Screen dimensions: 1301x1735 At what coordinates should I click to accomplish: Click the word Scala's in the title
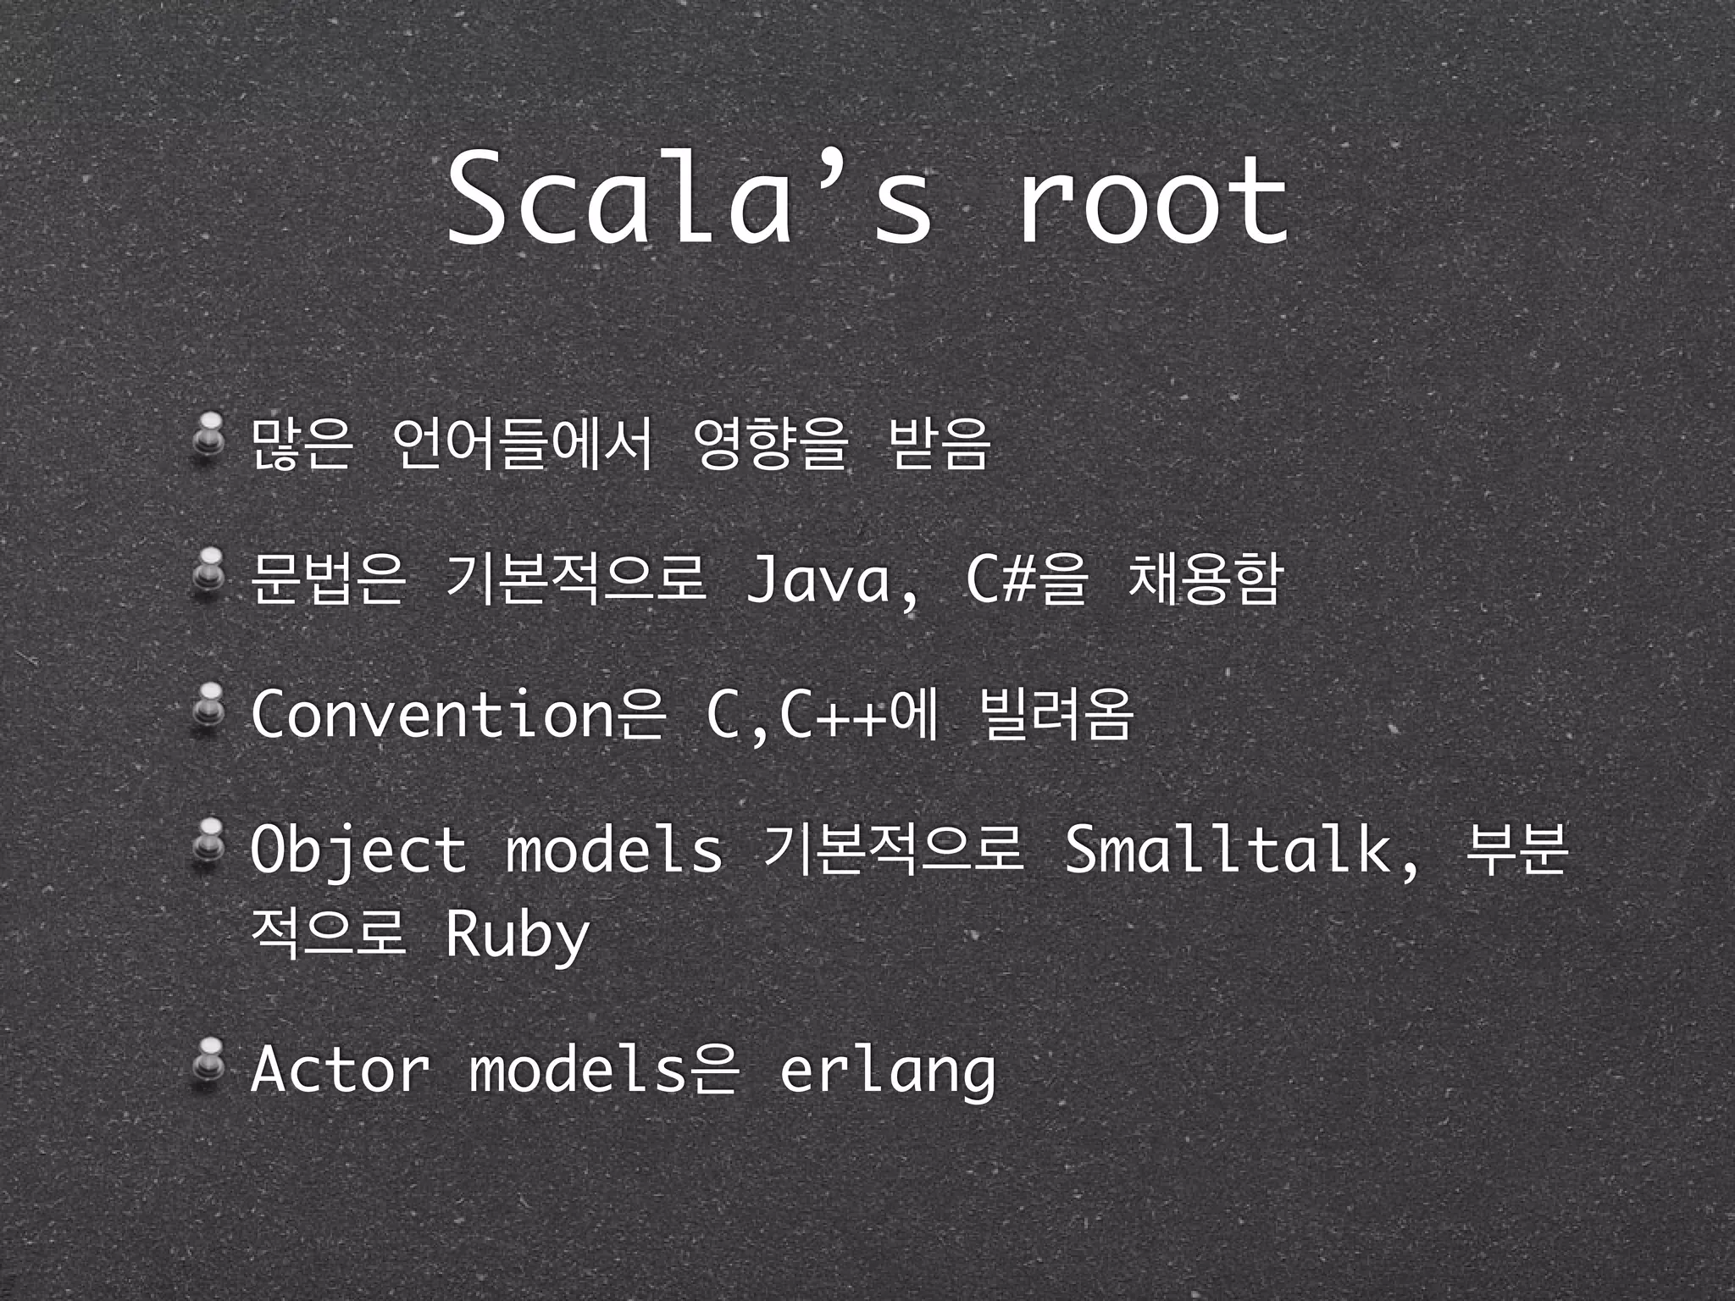[690, 201]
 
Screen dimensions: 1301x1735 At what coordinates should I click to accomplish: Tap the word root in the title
[1152, 201]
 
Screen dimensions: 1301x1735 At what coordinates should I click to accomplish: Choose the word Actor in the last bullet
[340, 1069]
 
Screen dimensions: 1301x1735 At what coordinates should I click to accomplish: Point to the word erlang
[887, 1071]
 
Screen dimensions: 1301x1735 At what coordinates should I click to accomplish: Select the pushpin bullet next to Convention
[207, 706]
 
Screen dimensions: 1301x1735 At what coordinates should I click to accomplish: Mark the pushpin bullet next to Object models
[207, 843]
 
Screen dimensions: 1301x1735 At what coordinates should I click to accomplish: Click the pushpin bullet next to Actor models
[207, 1061]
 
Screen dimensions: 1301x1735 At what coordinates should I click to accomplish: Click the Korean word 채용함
[1203, 580]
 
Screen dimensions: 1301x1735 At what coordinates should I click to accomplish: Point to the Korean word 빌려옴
[1054, 714]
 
